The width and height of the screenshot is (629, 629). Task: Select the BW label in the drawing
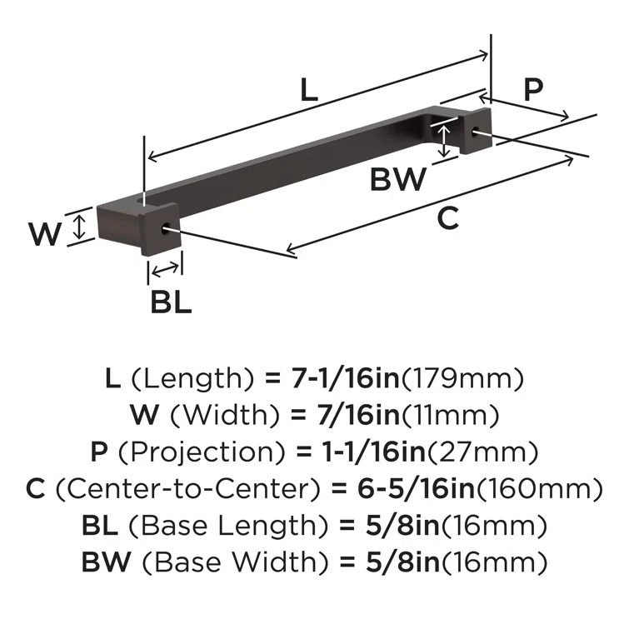pyautogui.click(x=398, y=179)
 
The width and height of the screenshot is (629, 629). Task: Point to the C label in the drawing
pyautogui.click(x=447, y=218)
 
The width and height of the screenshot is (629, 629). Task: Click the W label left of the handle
pyautogui.click(x=45, y=233)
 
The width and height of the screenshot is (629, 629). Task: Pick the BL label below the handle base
pyautogui.click(x=172, y=301)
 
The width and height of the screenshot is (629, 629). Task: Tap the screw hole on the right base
pyautogui.click(x=476, y=131)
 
